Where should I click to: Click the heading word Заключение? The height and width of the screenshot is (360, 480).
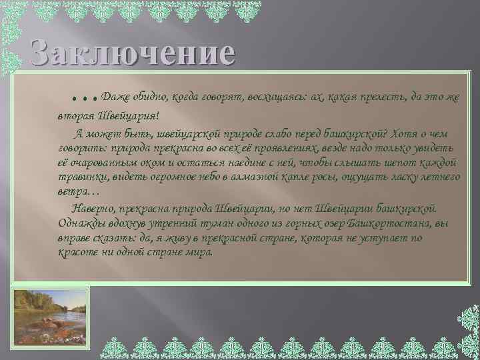131,52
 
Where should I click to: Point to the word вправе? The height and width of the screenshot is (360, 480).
75,238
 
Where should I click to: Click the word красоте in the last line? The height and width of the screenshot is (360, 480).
77,253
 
